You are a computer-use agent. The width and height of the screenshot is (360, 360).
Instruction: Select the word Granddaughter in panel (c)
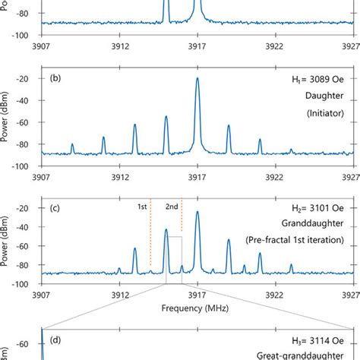coord(318,226)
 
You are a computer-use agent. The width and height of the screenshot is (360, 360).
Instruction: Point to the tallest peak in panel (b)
coord(197,79)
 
